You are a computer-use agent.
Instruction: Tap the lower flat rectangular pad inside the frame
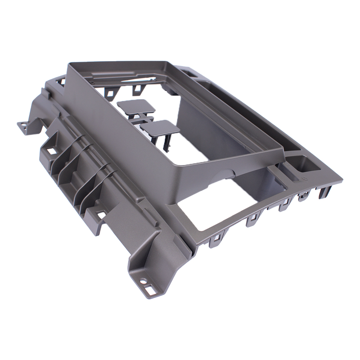tap(160, 127)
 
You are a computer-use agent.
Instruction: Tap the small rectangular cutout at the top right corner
tap(189, 71)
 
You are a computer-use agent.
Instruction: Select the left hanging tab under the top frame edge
tap(110, 93)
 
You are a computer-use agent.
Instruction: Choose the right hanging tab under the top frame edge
tap(135, 89)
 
